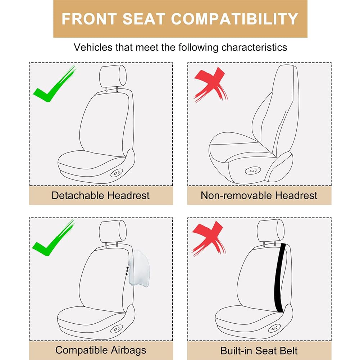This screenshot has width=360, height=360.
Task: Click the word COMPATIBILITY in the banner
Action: pos(234,19)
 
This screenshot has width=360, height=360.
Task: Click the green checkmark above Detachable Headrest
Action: pos(54,84)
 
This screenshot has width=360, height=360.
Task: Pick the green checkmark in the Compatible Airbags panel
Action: pos(54,238)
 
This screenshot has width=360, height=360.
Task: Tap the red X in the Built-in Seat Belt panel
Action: pos(209,239)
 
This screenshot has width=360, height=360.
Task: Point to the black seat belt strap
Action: pos(280,277)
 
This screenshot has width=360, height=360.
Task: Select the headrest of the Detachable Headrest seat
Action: pos(113,77)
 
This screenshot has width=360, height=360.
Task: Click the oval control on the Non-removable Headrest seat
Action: pos(253,170)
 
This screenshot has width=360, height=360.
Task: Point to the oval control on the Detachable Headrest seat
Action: pos(117,172)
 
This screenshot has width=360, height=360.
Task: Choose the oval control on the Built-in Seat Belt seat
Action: pos(275,328)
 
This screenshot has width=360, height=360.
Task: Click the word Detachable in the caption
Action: pos(78,196)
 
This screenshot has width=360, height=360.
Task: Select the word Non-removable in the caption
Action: pos(236,196)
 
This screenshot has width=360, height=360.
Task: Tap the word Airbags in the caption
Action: pos(129,350)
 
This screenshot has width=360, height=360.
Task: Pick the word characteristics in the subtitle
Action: pos(254,47)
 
